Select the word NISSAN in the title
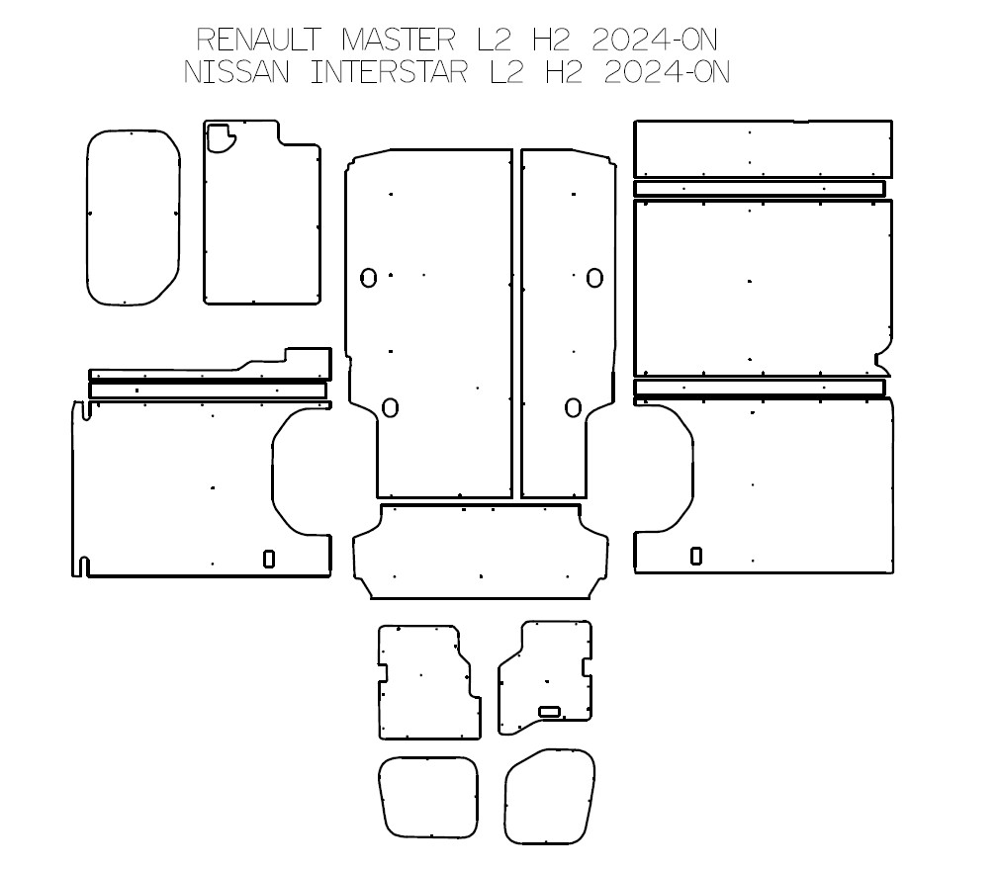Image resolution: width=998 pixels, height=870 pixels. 236,74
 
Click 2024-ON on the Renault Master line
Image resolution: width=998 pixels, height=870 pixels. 653,40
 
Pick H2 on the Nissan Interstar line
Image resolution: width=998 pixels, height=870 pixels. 564,74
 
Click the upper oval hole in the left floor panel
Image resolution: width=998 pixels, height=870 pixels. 368,278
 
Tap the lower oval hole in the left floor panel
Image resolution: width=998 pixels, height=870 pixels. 390,406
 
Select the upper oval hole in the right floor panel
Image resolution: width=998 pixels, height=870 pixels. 593,278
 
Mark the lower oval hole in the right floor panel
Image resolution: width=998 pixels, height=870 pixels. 573,406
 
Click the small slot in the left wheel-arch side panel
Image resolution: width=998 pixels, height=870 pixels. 269,559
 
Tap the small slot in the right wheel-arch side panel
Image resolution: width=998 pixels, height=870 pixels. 696,556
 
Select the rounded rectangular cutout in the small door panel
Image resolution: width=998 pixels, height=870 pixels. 549,711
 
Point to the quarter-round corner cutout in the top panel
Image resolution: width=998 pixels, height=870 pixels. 220,137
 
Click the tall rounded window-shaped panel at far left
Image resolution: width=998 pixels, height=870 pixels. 133,217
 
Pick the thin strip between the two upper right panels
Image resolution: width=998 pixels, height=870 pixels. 760,189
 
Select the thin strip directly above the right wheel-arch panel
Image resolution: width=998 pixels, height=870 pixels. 760,388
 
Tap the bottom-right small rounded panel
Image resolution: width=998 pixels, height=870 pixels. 550,799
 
